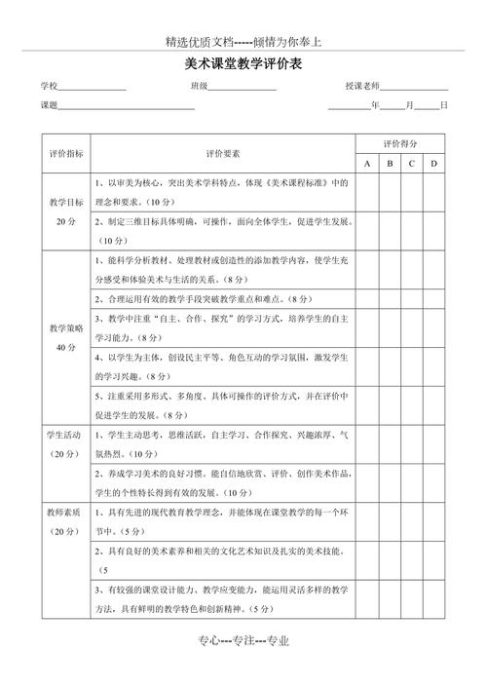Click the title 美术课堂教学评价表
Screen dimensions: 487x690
pyautogui.click(x=243, y=64)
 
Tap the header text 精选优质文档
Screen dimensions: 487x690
pyautogui.click(x=200, y=42)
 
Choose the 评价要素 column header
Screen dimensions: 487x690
pyautogui.click(x=223, y=154)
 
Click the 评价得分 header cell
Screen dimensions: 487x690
pyautogui.click(x=400, y=142)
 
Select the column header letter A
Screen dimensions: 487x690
pyautogui.click(x=367, y=164)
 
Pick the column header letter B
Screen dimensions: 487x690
pyautogui.click(x=390, y=164)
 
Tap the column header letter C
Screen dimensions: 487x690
pyautogui.click(x=412, y=164)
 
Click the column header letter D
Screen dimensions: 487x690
pyautogui.click(x=434, y=164)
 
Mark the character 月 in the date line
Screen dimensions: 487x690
pyautogui.click(x=410, y=105)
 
